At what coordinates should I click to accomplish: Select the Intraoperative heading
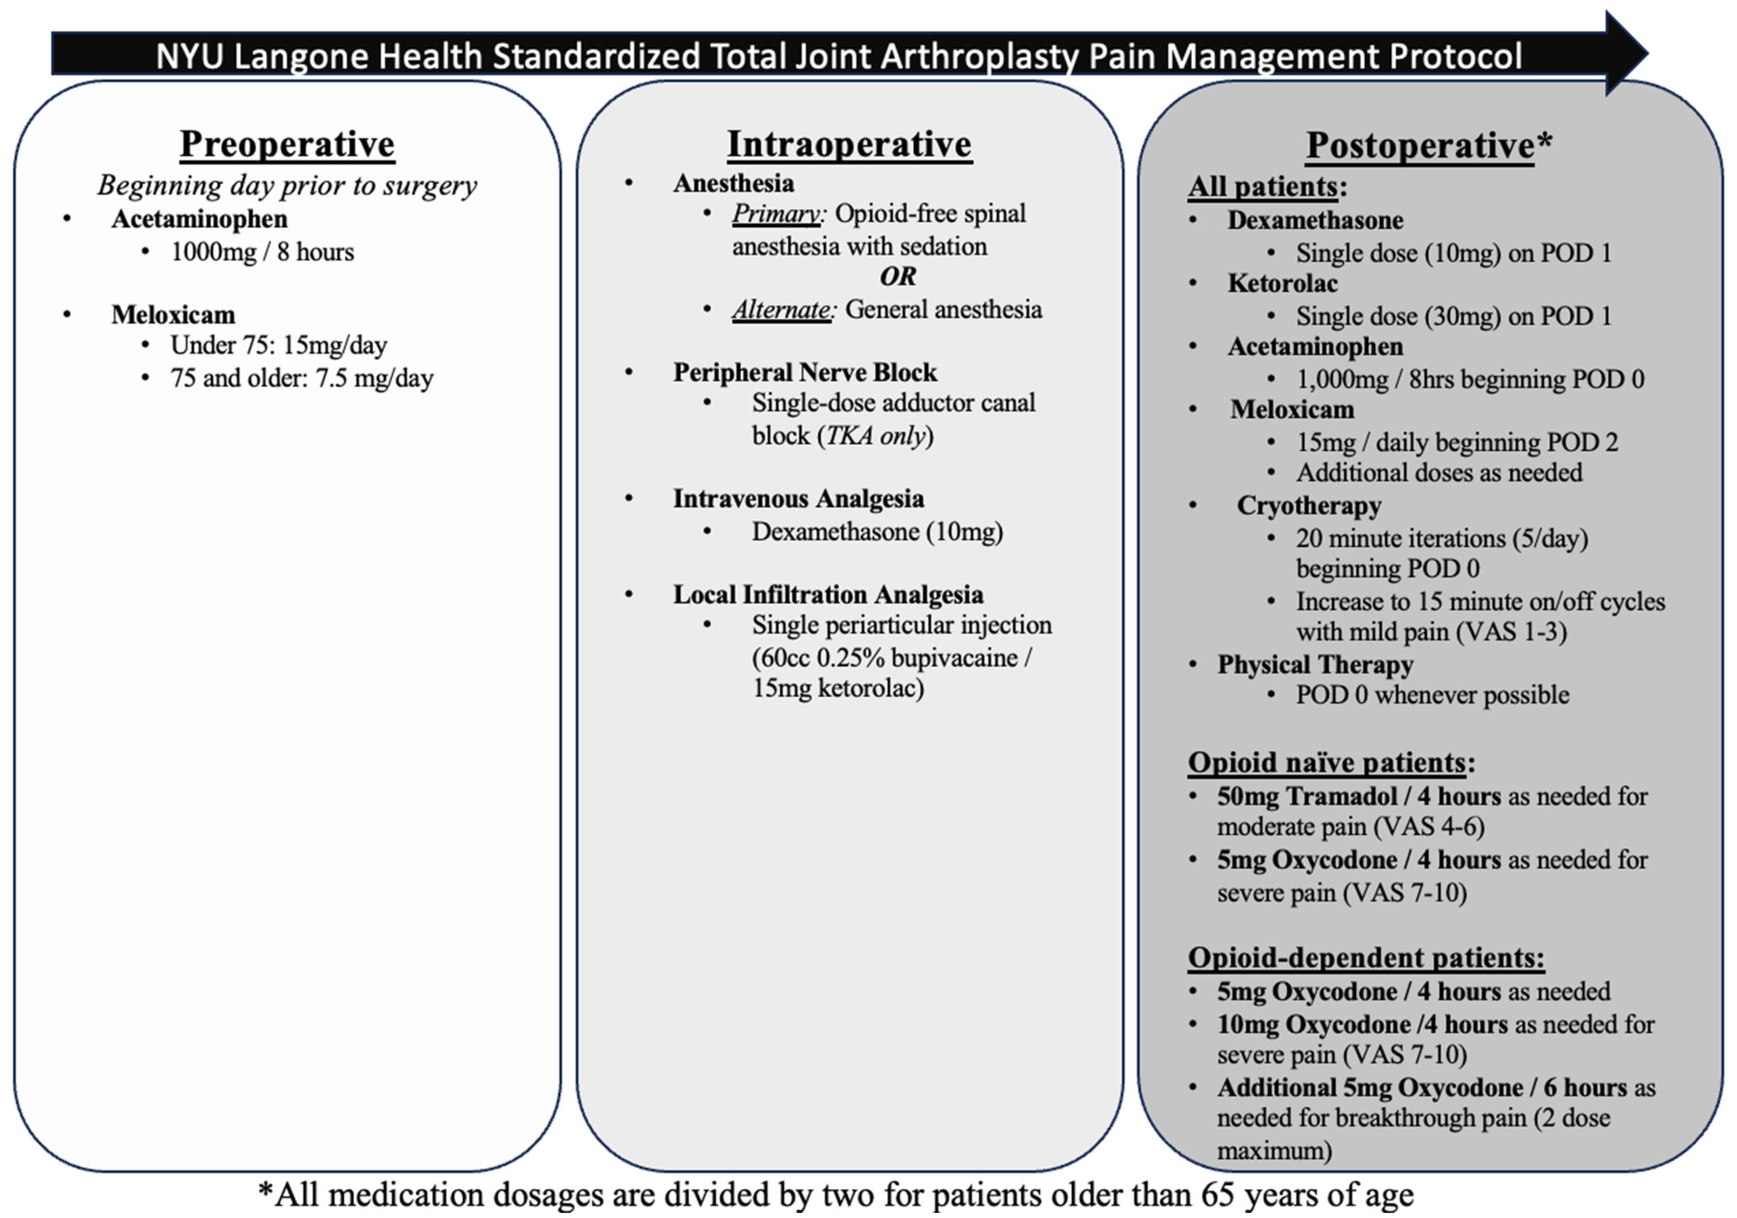click(x=849, y=144)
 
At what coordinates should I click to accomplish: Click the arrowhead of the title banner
click(x=1627, y=53)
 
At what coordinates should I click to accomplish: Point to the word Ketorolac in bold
click(x=1283, y=283)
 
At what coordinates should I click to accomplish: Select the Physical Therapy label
click(x=1315, y=664)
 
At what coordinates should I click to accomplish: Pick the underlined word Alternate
click(x=781, y=310)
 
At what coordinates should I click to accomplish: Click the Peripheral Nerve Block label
click(x=805, y=373)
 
